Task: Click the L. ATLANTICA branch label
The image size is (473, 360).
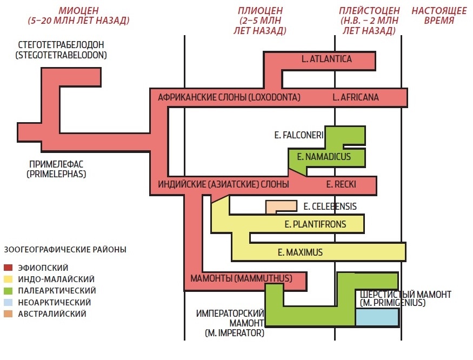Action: [327, 59]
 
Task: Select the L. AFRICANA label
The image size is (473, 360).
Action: [356, 98]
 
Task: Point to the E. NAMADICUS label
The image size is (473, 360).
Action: [320, 157]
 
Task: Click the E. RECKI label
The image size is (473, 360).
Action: [341, 185]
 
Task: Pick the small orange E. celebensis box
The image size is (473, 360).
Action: [281, 206]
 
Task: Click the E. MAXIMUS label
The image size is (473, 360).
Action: [299, 252]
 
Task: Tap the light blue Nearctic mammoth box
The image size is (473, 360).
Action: [377, 317]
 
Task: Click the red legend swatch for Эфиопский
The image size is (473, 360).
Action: [8, 268]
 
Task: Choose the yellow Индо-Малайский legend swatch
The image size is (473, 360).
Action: [8, 279]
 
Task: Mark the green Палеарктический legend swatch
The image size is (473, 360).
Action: [8, 290]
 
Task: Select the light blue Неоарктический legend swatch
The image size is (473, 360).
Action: [8, 302]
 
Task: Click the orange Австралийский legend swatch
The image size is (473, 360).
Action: [8, 314]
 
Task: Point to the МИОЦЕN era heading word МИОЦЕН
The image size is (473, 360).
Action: [78, 11]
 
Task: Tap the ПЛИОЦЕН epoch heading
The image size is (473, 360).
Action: [260, 11]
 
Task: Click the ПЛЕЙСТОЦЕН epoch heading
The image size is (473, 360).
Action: [369, 11]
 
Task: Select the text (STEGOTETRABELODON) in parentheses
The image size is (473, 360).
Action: [61, 55]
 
